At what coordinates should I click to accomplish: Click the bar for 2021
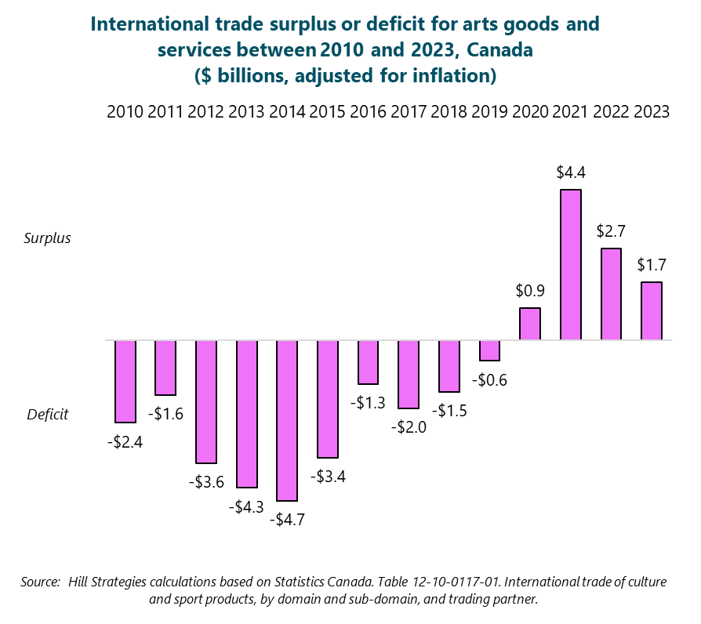(570, 265)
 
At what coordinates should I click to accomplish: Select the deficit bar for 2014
(287, 420)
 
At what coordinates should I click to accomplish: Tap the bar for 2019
(489, 350)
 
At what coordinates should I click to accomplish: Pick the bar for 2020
(530, 324)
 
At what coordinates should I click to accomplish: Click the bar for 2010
(125, 382)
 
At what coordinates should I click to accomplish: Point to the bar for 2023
(652, 311)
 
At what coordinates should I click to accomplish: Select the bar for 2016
(368, 362)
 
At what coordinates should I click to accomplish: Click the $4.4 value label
(570, 171)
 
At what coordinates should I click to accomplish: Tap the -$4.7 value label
(287, 519)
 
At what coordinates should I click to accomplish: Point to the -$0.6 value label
(489, 379)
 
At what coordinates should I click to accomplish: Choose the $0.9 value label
(530, 290)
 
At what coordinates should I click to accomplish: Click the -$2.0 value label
(409, 427)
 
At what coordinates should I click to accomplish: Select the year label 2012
(207, 111)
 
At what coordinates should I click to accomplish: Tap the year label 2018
(449, 111)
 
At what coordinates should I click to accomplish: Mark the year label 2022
(611, 111)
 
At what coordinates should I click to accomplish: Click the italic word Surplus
(47, 238)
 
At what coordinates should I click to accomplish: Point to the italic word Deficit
(47, 414)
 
